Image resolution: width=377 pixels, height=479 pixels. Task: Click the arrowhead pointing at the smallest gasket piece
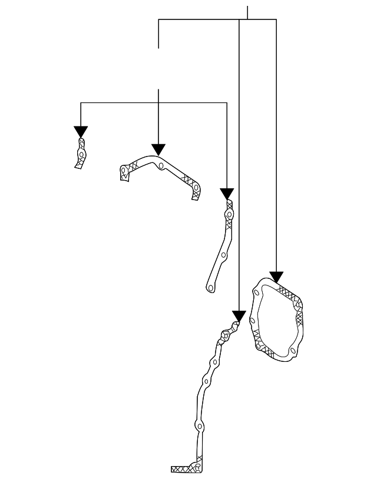click(x=81, y=132)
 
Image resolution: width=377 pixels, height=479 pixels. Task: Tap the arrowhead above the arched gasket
click(x=158, y=149)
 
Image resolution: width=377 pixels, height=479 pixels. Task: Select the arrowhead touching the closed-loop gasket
click(x=276, y=277)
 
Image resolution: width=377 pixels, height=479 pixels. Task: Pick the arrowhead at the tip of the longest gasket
click(x=238, y=316)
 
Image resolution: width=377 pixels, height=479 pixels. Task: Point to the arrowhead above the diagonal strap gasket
click(x=227, y=194)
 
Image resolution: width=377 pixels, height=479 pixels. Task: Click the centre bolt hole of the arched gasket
click(x=161, y=166)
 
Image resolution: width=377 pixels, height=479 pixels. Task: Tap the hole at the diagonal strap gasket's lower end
click(x=210, y=287)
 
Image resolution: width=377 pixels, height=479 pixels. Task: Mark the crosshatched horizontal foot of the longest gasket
click(x=183, y=469)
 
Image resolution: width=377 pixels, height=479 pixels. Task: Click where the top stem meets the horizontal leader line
click(x=247, y=19)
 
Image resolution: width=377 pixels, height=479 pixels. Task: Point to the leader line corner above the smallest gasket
click(x=81, y=103)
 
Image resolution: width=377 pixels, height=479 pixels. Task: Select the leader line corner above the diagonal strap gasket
click(x=227, y=103)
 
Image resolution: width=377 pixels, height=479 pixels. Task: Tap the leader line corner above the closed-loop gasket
click(x=276, y=19)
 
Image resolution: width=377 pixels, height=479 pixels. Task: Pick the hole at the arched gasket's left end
click(x=124, y=172)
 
